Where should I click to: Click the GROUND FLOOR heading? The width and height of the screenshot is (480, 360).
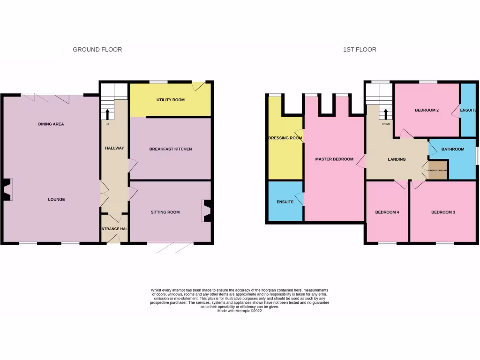pos(97,49)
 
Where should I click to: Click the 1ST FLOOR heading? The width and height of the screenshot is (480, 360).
pos(360,49)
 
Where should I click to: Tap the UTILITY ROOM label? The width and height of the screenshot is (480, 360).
pos(171,100)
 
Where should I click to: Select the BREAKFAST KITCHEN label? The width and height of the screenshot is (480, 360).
pos(171,149)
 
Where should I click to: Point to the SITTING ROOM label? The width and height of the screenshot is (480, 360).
pos(165,212)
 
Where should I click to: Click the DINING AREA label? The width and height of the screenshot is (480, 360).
pos(51,124)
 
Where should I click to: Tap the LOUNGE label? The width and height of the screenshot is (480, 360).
pos(56,200)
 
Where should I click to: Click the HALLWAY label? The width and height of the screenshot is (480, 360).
pos(114,148)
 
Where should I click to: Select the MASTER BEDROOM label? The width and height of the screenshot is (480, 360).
pos(334,159)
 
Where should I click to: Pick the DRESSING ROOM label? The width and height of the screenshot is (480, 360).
pos(285,138)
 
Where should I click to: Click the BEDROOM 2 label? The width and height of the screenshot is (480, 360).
pos(427,111)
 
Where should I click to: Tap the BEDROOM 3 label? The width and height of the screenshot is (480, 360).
pos(443,212)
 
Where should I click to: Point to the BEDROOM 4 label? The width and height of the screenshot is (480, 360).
pos(387,212)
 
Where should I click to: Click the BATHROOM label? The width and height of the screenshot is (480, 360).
pos(452,150)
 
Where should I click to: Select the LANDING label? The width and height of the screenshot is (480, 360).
pos(397,159)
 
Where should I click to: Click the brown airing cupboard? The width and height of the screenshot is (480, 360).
pos(438,171)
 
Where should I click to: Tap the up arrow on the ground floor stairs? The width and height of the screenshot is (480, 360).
pos(107,114)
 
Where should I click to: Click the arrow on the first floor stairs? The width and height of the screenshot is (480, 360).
pos(385,114)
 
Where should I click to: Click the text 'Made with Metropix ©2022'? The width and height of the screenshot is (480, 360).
pos(240,311)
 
